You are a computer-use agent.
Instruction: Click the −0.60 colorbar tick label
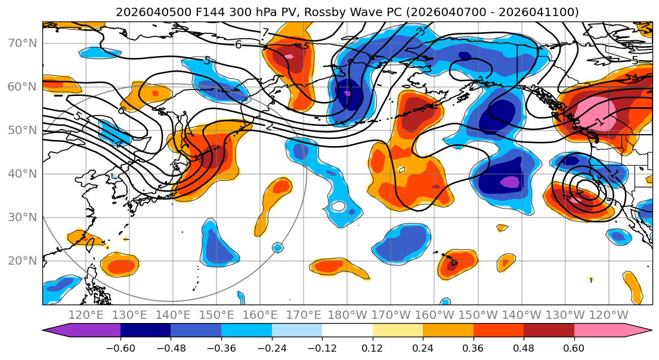pos(120,347)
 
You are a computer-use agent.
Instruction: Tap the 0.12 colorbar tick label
pos(373,347)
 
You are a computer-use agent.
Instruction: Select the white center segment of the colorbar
pos(347,332)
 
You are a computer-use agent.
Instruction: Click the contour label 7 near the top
pos(265,33)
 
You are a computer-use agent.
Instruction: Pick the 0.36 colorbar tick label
pos(474,347)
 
